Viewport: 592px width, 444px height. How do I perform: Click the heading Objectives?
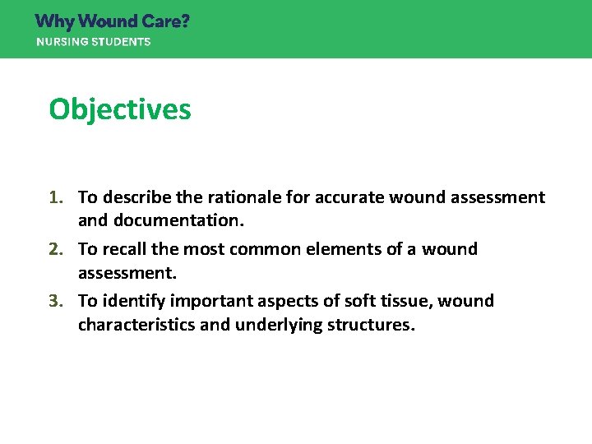[x=120, y=109]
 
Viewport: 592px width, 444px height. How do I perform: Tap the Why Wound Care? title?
[x=113, y=21]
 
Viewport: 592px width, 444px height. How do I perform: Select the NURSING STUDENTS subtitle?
[x=93, y=42]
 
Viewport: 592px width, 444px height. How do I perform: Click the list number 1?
[x=57, y=197]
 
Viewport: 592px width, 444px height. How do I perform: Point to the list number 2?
[x=57, y=249]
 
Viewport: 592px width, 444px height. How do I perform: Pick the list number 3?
[x=57, y=301]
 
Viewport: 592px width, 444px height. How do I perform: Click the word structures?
[x=368, y=325]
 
